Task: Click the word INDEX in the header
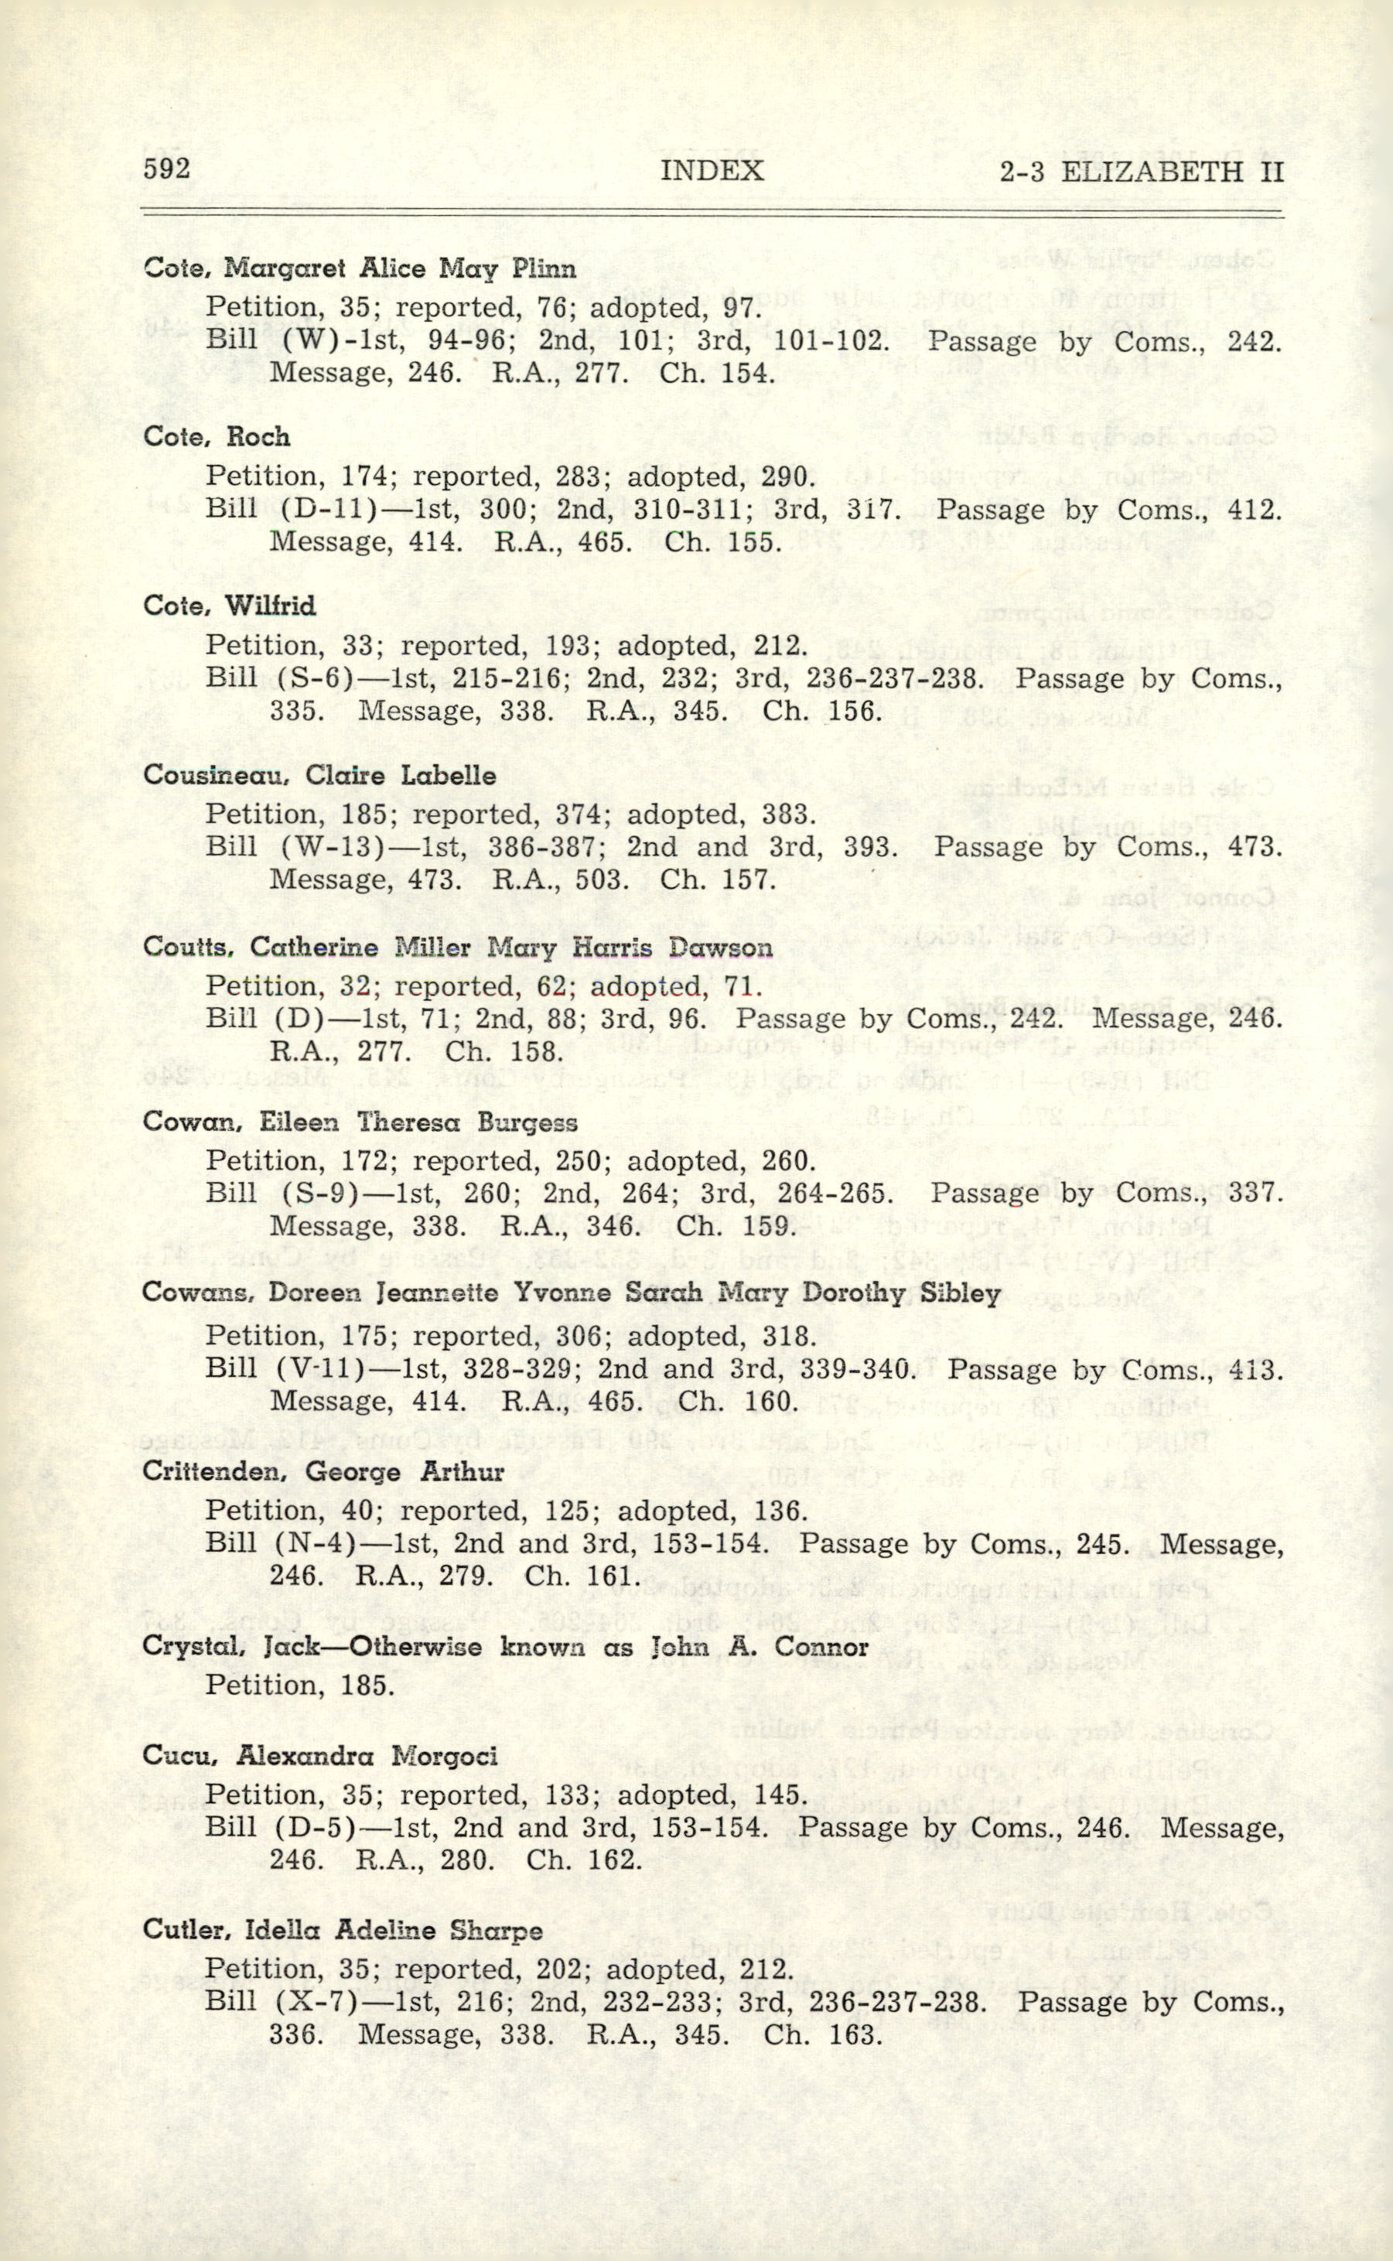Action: (712, 170)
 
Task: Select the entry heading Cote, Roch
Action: (217, 437)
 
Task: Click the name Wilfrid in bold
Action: (270, 606)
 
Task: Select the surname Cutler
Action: (179, 1930)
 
